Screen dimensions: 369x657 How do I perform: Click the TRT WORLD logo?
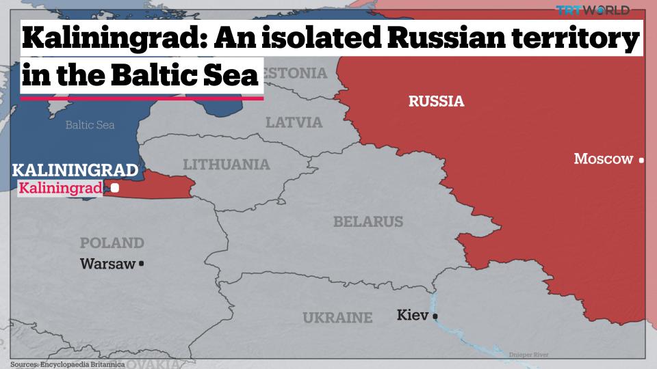[592, 10]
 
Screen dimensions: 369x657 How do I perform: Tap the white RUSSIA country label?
[436, 102]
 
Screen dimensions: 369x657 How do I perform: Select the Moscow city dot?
[641, 160]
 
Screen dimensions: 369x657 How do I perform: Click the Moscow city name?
[603, 159]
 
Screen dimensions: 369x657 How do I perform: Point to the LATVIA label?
[294, 123]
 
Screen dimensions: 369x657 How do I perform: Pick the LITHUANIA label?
[227, 165]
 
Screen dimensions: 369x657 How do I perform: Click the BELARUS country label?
[368, 222]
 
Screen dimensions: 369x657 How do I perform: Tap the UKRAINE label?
[337, 318]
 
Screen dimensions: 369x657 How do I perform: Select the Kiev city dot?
[435, 316]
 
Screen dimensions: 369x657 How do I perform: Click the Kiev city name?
[412, 315]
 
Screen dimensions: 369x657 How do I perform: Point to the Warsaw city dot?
[141, 263]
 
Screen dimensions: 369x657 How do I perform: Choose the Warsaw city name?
[107, 263]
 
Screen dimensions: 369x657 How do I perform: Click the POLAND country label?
[112, 243]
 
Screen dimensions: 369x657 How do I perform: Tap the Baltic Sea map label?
[90, 125]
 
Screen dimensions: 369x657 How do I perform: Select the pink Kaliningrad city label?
[61, 188]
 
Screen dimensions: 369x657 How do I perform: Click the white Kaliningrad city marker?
[115, 187]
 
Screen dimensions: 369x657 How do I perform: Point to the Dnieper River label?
[529, 355]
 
